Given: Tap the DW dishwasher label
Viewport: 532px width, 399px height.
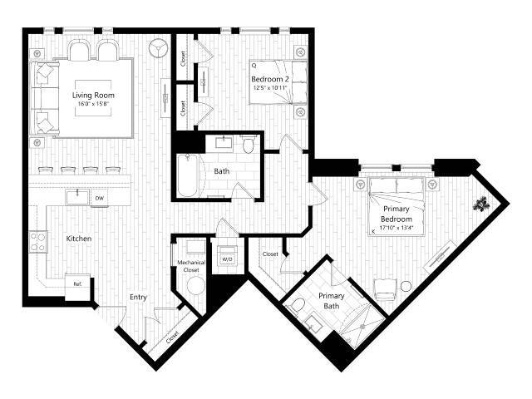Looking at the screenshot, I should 99,198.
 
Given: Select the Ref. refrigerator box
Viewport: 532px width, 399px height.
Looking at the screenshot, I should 77,283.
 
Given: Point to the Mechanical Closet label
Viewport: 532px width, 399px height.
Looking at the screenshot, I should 191,266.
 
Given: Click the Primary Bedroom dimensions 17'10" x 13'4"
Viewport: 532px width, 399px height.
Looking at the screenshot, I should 396,222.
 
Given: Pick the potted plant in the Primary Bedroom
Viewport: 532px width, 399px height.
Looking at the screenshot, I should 481,202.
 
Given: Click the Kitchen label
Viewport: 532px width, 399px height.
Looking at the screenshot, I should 79,239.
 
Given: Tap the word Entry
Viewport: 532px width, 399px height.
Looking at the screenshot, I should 139,297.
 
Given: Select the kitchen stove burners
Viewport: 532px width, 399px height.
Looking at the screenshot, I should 38,241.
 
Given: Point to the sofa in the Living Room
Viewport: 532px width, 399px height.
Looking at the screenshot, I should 43,99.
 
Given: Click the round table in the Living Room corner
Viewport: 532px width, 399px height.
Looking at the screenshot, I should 158,47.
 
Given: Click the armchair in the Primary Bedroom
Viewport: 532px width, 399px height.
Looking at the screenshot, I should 384,290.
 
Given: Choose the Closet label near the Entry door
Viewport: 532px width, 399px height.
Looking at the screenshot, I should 172,337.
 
